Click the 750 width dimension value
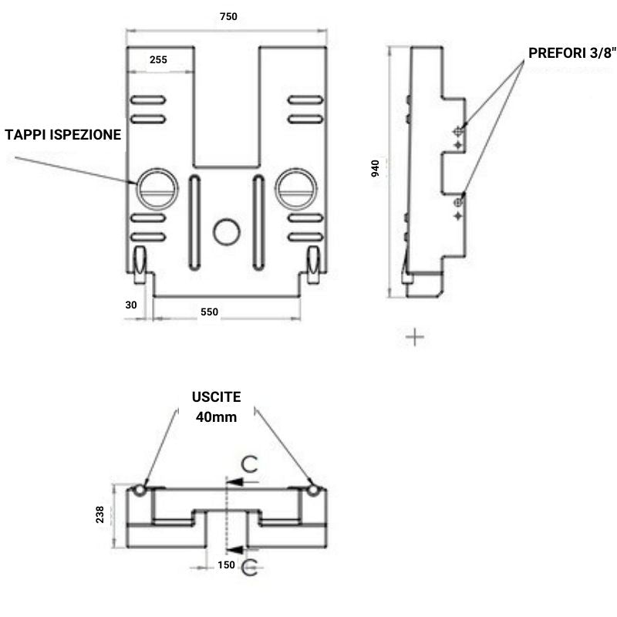coord(228,16)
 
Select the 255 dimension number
coord(159,60)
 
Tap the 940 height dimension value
coord(376,168)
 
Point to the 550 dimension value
coord(209,312)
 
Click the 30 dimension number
coord(131,305)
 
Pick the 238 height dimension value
coord(100,514)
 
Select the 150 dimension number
coord(226,565)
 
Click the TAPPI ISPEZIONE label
coord(63,135)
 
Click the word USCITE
coord(217,397)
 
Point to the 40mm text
coord(217,416)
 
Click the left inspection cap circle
coord(157,187)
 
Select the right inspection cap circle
coord(296,187)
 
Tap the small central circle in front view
coord(227,231)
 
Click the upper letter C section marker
coord(249,464)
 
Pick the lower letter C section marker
coord(249,568)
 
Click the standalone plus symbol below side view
coord(415,337)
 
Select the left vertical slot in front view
coord(194,221)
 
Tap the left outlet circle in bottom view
coord(139,491)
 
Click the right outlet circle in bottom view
coord(313,491)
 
